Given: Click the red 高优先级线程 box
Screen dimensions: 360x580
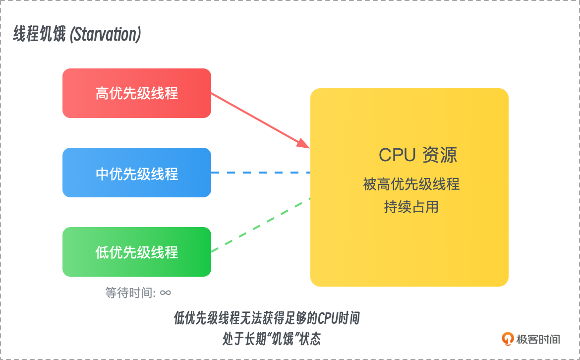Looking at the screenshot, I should (x=137, y=93).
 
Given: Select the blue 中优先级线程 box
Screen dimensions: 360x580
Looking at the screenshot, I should (x=137, y=173).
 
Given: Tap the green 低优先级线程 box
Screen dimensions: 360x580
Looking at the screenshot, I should (x=137, y=252).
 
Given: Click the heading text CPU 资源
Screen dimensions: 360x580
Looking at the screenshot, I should (x=417, y=155).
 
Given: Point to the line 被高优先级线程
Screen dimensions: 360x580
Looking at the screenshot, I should (x=411, y=184).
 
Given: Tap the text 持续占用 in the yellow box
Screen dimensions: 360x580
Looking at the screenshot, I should (x=411, y=206).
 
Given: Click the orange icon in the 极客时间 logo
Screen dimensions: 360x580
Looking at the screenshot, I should (x=508, y=339).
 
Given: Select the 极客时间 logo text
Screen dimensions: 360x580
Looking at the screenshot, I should (x=539, y=339).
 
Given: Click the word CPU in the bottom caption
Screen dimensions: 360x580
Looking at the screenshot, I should (x=328, y=318).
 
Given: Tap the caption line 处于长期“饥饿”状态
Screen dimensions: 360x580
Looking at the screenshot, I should (x=272, y=339).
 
